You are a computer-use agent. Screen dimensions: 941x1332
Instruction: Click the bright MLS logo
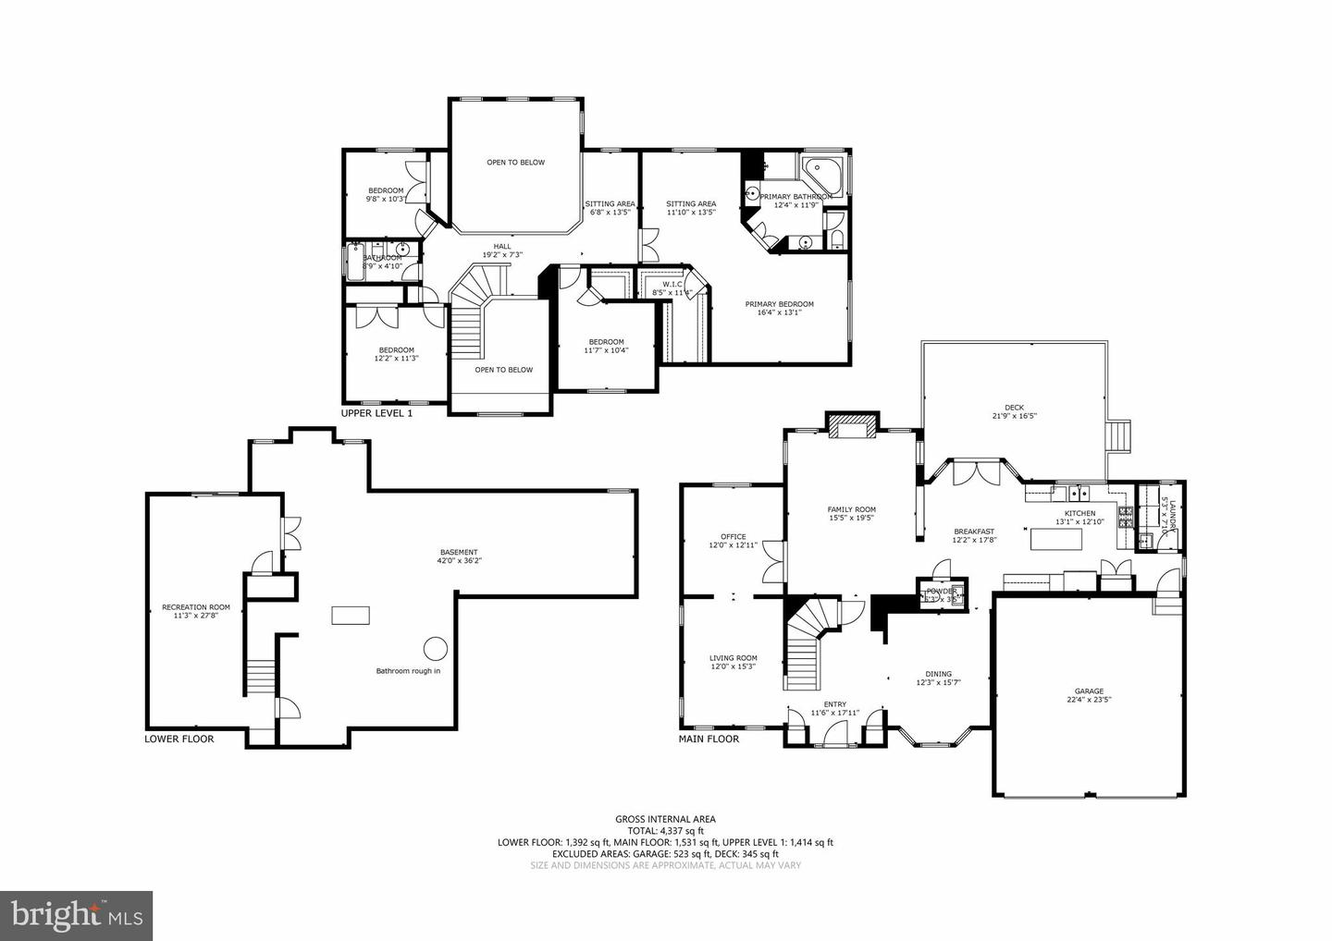pyautogui.click(x=76, y=915)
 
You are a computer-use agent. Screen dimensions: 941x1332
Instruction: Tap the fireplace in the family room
pyautogui.click(x=851, y=427)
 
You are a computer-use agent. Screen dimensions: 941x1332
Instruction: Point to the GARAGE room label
pyautogui.click(x=1089, y=690)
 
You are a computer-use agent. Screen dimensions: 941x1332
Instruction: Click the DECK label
pyautogui.click(x=1014, y=408)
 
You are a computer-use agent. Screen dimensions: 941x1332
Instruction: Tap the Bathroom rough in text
pyautogui.click(x=408, y=670)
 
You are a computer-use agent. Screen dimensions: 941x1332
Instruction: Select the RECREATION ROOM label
pyautogui.click(x=195, y=607)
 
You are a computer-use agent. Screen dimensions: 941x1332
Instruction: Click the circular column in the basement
pyautogui.click(x=436, y=648)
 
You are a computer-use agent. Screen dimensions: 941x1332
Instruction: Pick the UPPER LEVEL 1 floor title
pyautogui.click(x=376, y=413)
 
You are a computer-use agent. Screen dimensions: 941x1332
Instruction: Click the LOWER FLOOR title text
pyautogui.click(x=179, y=739)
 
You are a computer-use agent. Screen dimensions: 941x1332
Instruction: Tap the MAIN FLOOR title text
pyautogui.click(x=709, y=739)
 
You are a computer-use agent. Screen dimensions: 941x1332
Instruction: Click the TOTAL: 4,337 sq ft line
pyautogui.click(x=665, y=830)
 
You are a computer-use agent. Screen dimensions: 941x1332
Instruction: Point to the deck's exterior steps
pyautogui.click(x=1120, y=435)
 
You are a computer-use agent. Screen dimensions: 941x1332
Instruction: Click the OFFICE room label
pyautogui.click(x=734, y=536)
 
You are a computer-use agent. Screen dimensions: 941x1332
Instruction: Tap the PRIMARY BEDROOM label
pyautogui.click(x=780, y=304)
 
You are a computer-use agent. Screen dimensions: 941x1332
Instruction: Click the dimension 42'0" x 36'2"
pyautogui.click(x=459, y=560)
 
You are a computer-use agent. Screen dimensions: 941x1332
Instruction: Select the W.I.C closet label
pyautogui.click(x=672, y=284)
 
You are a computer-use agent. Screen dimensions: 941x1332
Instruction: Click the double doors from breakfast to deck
pyautogui.click(x=975, y=470)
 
